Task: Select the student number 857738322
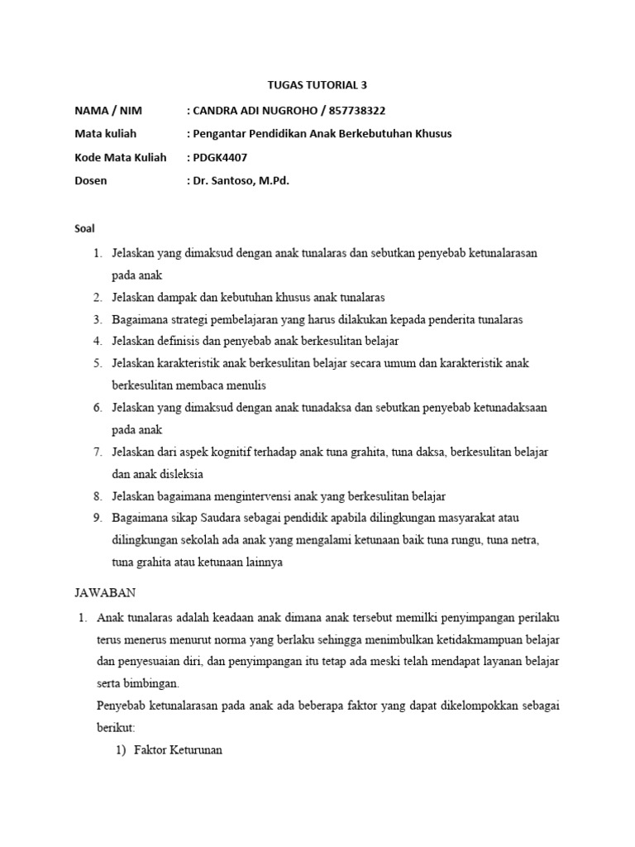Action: [353, 110]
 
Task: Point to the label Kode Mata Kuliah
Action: [120, 156]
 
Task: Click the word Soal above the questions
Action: [85, 227]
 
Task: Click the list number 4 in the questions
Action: [97, 340]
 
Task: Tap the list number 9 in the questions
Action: [97, 518]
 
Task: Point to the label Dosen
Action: [90, 179]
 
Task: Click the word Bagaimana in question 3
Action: [140, 318]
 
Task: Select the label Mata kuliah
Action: [105, 133]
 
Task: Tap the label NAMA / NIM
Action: [108, 110]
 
